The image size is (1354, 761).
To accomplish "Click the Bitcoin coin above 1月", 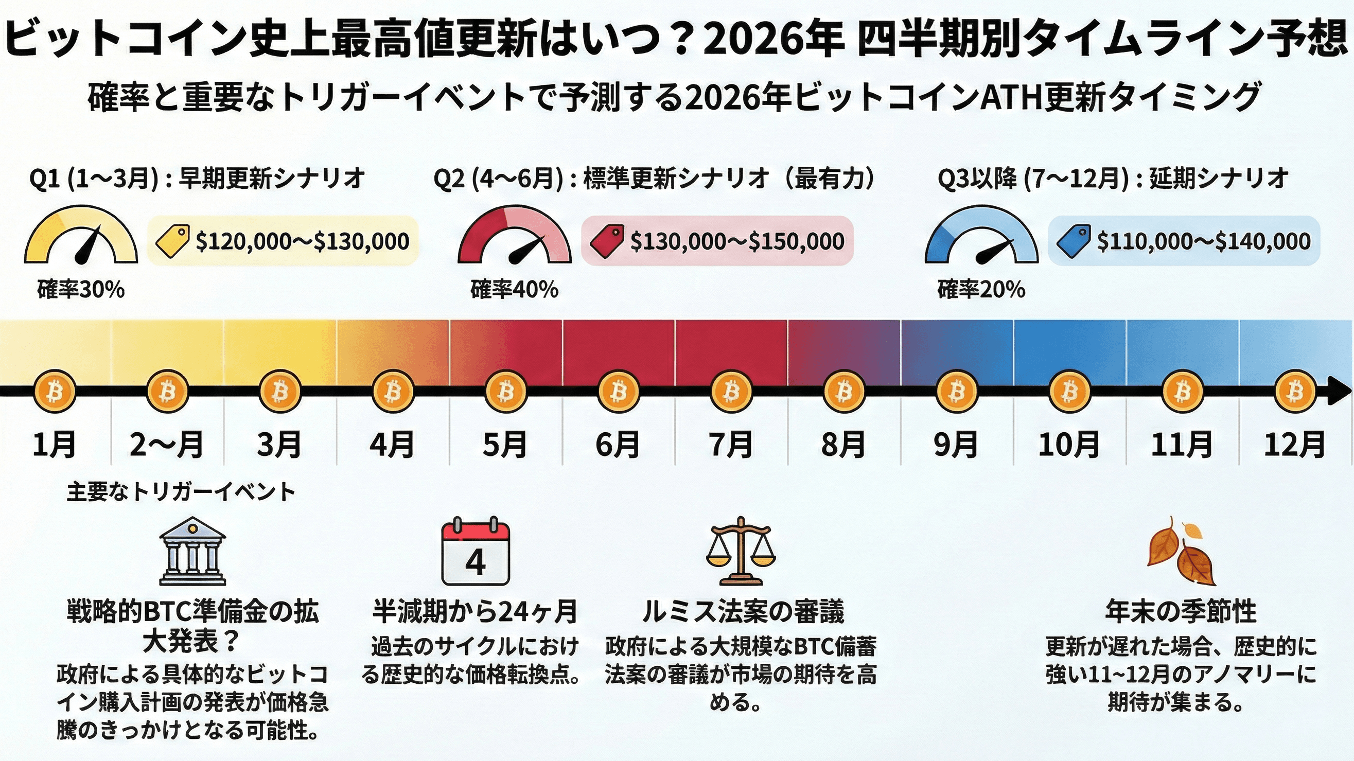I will [54, 392].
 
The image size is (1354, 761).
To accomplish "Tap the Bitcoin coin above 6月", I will [619, 392].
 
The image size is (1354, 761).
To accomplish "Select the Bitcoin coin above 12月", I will [1295, 392].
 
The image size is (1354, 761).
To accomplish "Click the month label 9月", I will [956, 445].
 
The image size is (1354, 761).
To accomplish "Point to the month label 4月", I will [392, 445].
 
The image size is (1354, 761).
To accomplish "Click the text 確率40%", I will [514, 290].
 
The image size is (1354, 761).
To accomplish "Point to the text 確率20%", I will [981, 290].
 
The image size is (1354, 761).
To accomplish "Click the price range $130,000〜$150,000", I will [737, 241].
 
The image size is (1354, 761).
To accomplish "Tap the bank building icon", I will [192, 551].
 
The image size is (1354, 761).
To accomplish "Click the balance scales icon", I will [741, 551].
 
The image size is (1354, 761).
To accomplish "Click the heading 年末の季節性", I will [1181, 611].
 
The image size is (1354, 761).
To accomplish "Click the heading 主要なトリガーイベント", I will [181, 492].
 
